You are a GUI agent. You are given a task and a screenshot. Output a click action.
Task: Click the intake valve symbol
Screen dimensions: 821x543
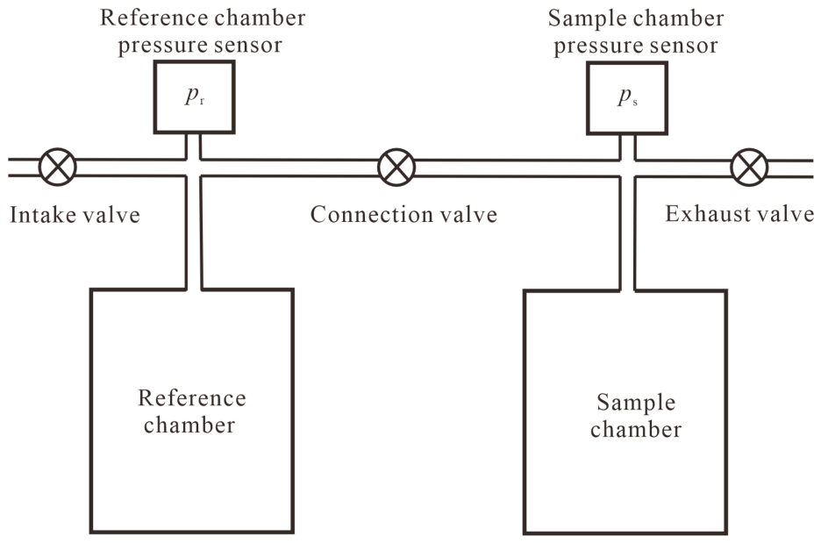tap(58, 167)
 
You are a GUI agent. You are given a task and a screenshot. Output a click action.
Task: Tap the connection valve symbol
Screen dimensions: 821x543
tap(396, 167)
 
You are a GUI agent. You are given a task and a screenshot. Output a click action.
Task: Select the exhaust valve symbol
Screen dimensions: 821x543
tap(749, 168)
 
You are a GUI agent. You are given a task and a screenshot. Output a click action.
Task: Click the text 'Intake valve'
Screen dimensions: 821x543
tap(75, 215)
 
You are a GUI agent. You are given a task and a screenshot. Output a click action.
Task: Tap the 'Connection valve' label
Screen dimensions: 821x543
tap(403, 215)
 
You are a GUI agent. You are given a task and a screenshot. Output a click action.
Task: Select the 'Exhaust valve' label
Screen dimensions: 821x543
tap(739, 214)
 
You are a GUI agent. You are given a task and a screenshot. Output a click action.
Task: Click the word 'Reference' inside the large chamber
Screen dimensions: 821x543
tap(191, 398)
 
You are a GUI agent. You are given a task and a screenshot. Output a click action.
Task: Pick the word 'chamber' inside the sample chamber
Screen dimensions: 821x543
tap(636, 429)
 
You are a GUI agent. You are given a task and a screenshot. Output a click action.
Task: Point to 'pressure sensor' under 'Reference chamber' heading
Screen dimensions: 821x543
tap(200, 45)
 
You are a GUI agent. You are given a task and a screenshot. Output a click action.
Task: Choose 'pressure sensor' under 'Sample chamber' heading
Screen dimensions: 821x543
tap(636, 46)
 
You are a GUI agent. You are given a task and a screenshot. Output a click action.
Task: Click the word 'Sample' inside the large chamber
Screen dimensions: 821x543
tap(636, 402)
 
